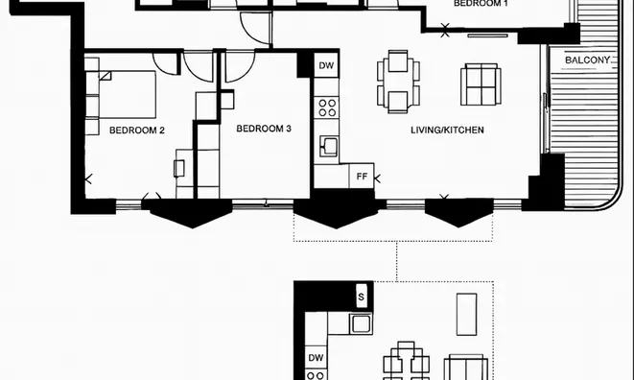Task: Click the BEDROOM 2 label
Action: tap(137, 131)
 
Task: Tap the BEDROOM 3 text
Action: tap(264, 129)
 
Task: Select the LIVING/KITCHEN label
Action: tap(447, 130)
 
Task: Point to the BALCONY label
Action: tap(587, 60)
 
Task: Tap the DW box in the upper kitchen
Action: tap(326, 65)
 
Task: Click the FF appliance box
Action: tap(362, 177)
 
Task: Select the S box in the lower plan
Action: tap(361, 297)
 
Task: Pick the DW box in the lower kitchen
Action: tap(316, 357)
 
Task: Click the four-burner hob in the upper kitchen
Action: tap(327, 107)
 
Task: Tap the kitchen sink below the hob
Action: tap(329, 146)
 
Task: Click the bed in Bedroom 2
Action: tap(128, 95)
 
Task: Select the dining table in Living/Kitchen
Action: tap(398, 82)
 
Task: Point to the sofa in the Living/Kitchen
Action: tap(481, 84)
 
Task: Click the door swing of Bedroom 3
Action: tap(240, 66)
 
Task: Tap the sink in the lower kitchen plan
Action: tap(361, 324)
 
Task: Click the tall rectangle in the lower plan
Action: tap(466, 315)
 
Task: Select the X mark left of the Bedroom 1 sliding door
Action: tap(445, 30)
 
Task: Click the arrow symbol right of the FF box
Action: tap(378, 178)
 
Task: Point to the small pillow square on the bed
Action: tap(106, 76)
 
